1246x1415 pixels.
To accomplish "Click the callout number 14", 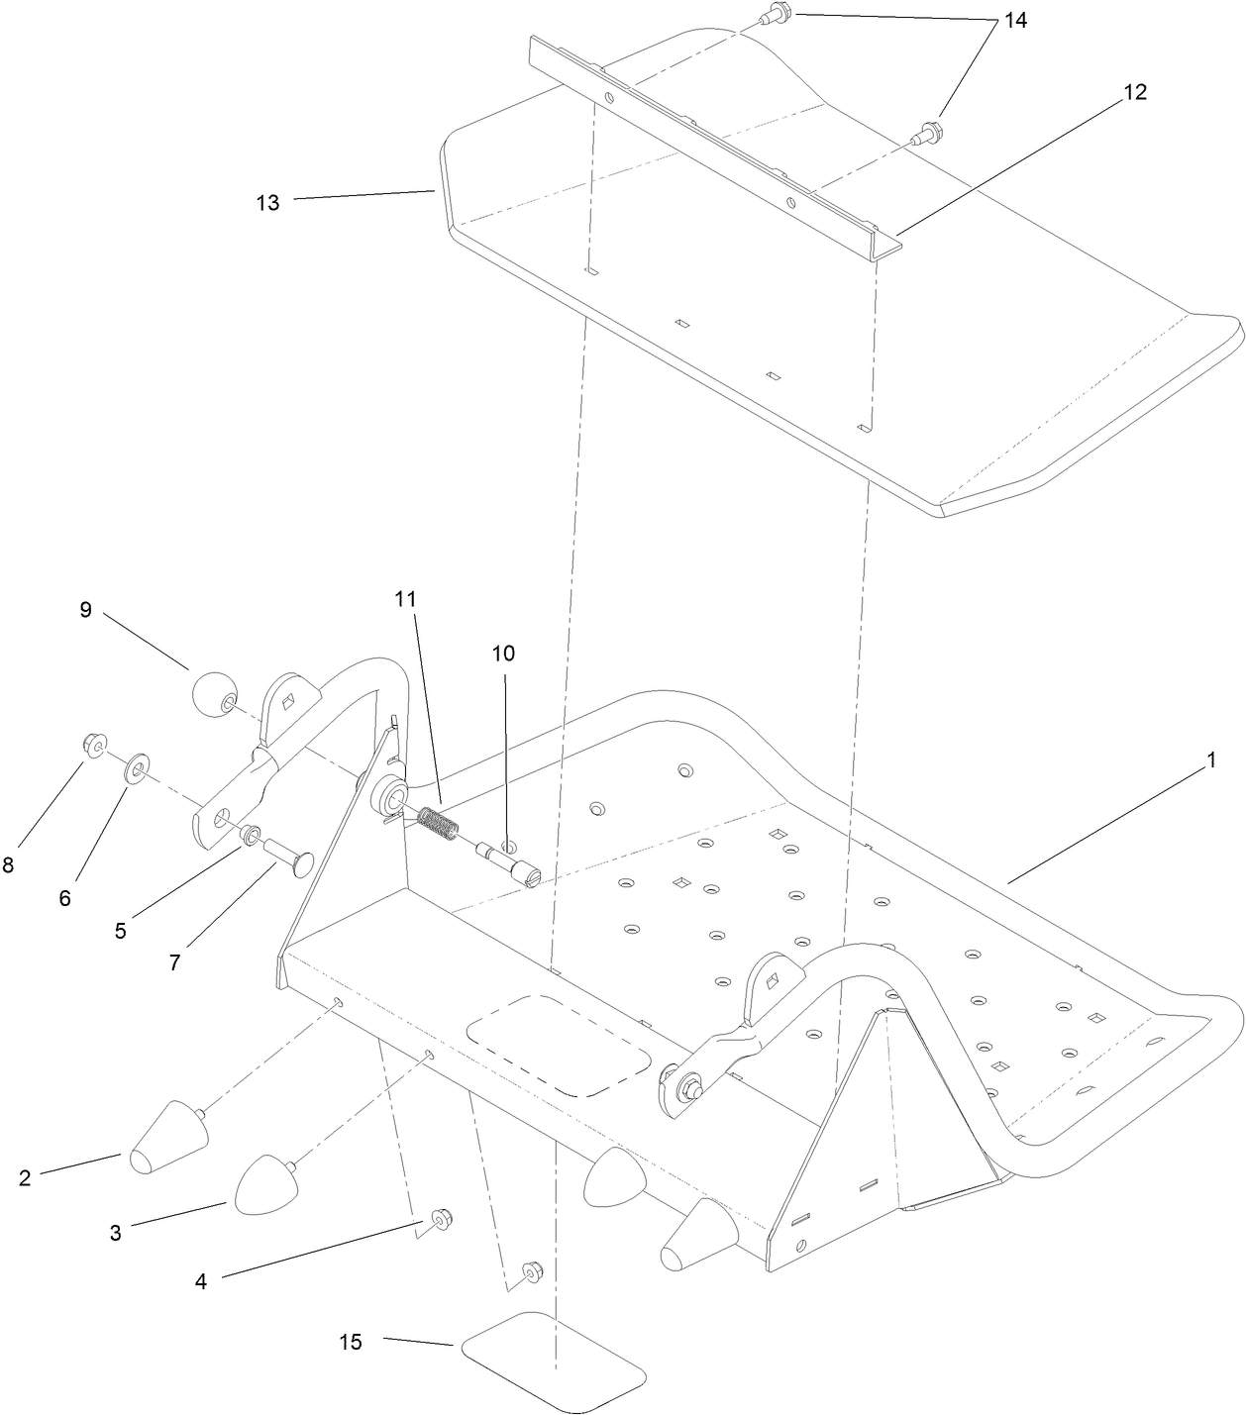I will click(x=1014, y=21).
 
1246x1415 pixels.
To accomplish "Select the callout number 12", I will click(x=1134, y=92).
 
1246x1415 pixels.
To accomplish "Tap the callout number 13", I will click(x=267, y=203).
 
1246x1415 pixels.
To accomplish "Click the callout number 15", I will click(x=351, y=1342).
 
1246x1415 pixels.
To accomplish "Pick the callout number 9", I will click(x=86, y=610).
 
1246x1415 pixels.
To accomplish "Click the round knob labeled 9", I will click(x=213, y=696).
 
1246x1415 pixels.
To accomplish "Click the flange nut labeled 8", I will click(x=95, y=746).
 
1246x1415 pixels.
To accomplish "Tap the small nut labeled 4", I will click(x=437, y=1217).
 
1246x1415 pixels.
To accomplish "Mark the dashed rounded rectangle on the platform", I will click(x=561, y=1045).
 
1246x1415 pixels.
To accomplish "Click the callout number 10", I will click(x=504, y=654).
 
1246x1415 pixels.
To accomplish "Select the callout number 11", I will click(x=405, y=599).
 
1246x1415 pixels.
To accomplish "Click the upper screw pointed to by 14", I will click(x=775, y=16).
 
